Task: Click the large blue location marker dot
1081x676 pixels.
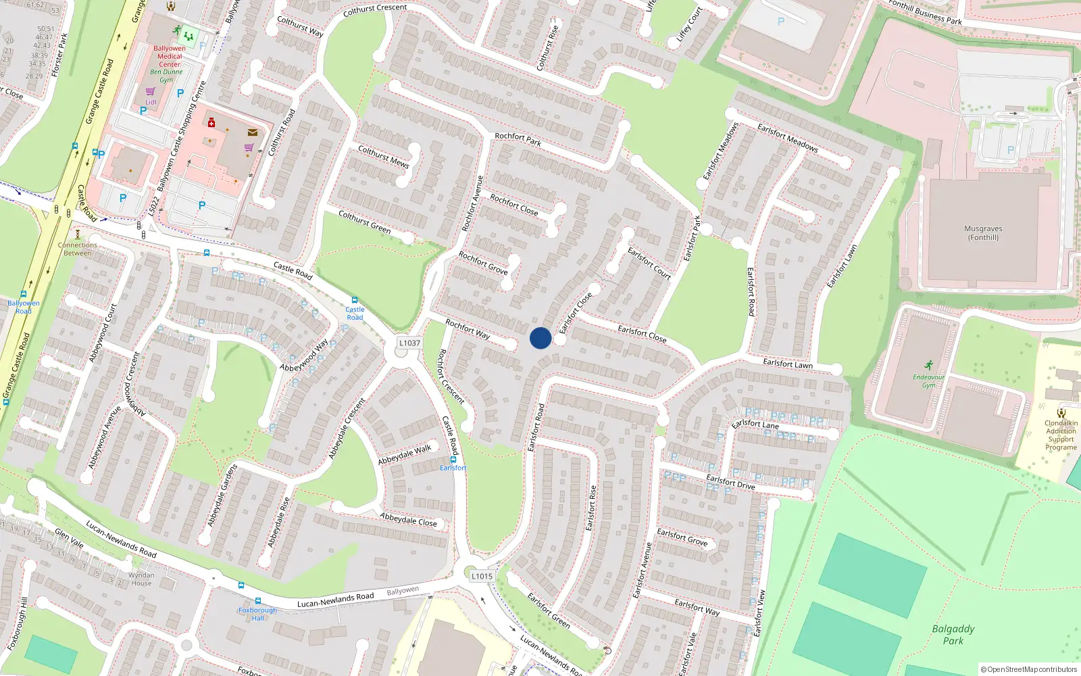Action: click(x=540, y=338)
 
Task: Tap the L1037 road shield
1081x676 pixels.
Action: click(x=409, y=343)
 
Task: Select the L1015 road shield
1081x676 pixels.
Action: click(x=482, y=576)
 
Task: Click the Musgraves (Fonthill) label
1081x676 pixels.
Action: click(x=983, y=233)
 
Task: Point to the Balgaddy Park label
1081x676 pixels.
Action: click(x=953, y=634)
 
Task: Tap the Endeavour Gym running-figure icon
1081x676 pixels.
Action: click(x=928, y=365)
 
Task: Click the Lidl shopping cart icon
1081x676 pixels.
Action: click(x=150, y=91)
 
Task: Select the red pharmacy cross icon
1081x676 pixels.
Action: click(x=211, y=122)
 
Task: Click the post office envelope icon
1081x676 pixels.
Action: click(x=253, y=132)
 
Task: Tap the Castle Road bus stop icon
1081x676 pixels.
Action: click(x=354, y=300)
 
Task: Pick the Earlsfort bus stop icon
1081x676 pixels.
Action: click(x=453, y=460)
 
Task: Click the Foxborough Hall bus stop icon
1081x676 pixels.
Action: click(x=257, y=601)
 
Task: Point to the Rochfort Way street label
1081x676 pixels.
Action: click(x=468, y=329)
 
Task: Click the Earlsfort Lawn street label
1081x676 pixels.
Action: click(x=788, y=364)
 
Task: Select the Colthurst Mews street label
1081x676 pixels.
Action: click(x=383, y=157)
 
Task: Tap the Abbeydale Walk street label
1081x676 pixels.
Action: click(x=404, y=454)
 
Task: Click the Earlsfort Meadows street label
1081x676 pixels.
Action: click(x=787, y=137)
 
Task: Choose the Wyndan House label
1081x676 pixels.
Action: click(x=141, y=579)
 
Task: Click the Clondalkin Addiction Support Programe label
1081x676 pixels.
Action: click(x=1061, y=435)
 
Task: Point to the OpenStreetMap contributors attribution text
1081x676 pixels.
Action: click(x=1029, y=670)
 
